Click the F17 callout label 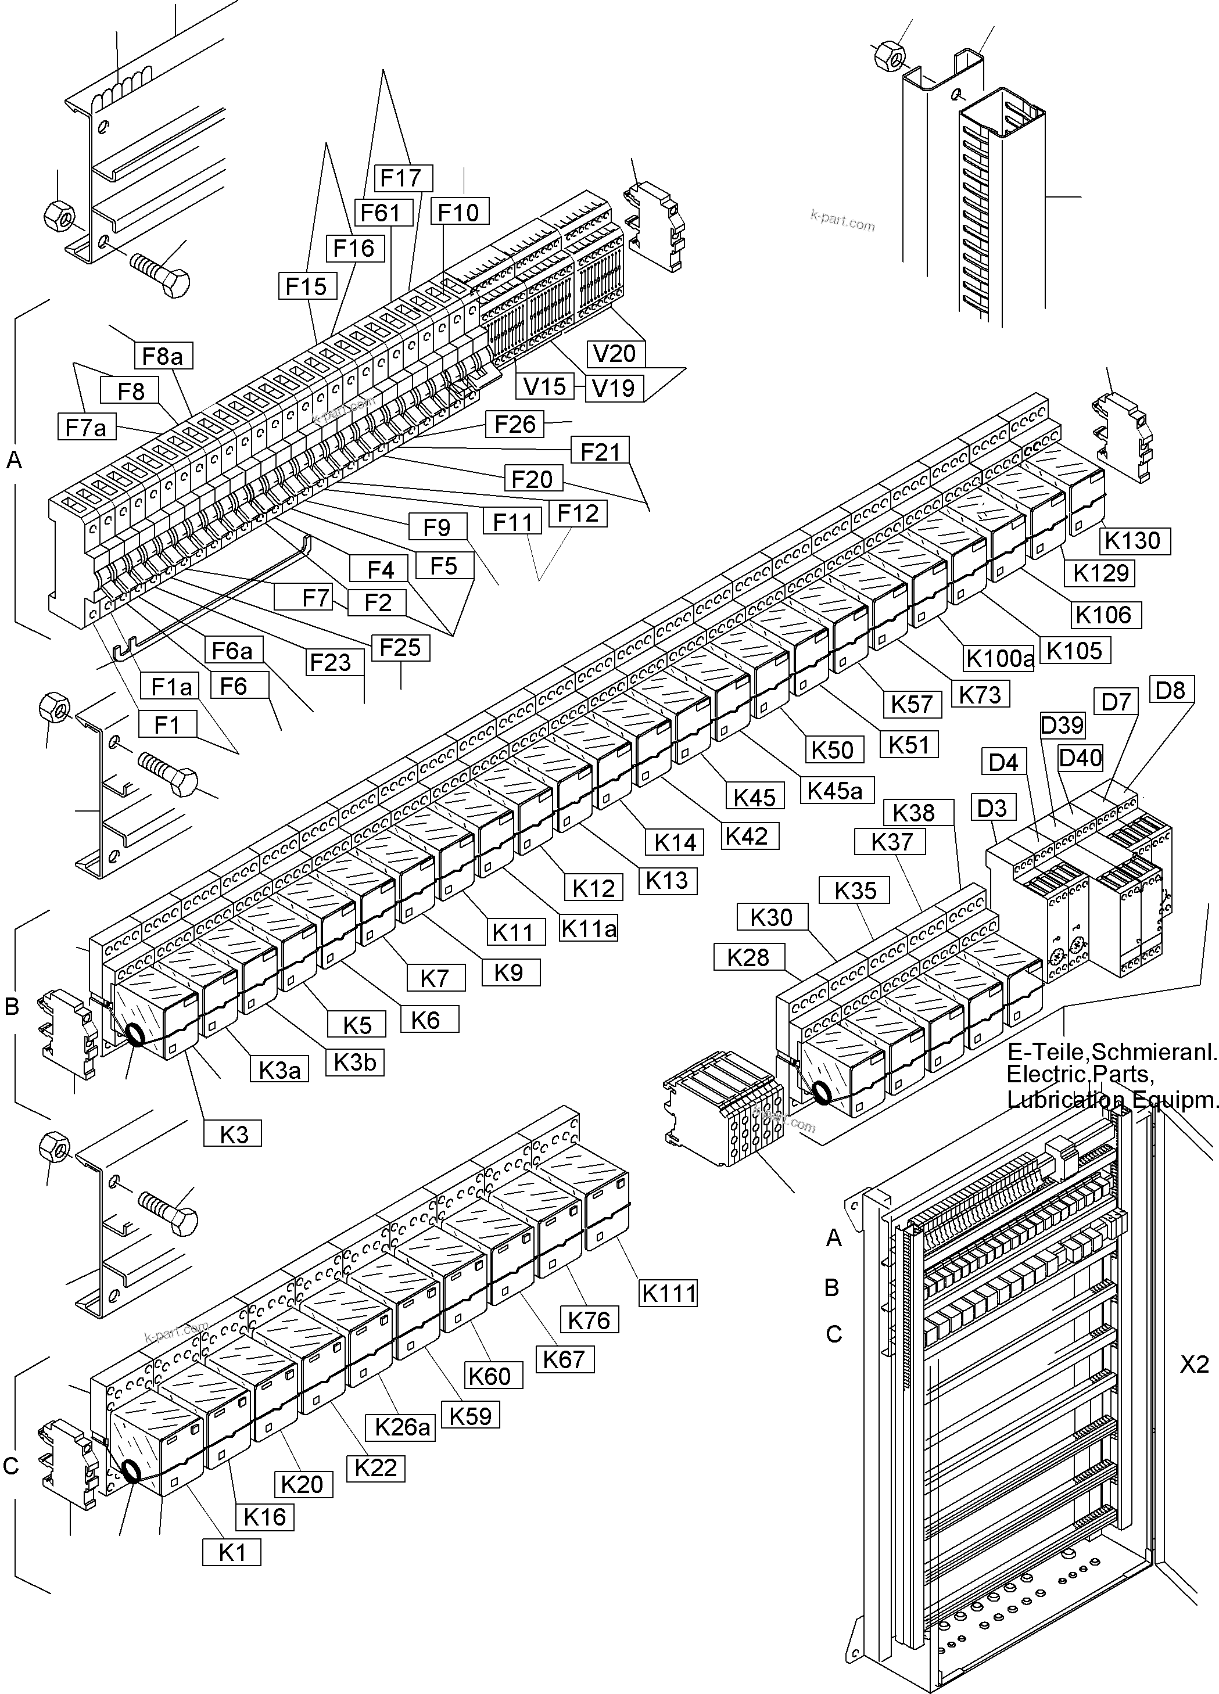click(401, 178)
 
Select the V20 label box click(615, 353)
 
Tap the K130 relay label click(1132, 540)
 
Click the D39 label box click(1062, 724)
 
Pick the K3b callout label click(355, 1061)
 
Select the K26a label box click(403, 1427)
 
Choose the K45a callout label click(835, 790)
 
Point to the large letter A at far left click(13, 461)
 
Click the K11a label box click(589, 928)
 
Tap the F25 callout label click(400, 647)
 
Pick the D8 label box click(1170, 690)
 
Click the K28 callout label click(748, 957)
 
